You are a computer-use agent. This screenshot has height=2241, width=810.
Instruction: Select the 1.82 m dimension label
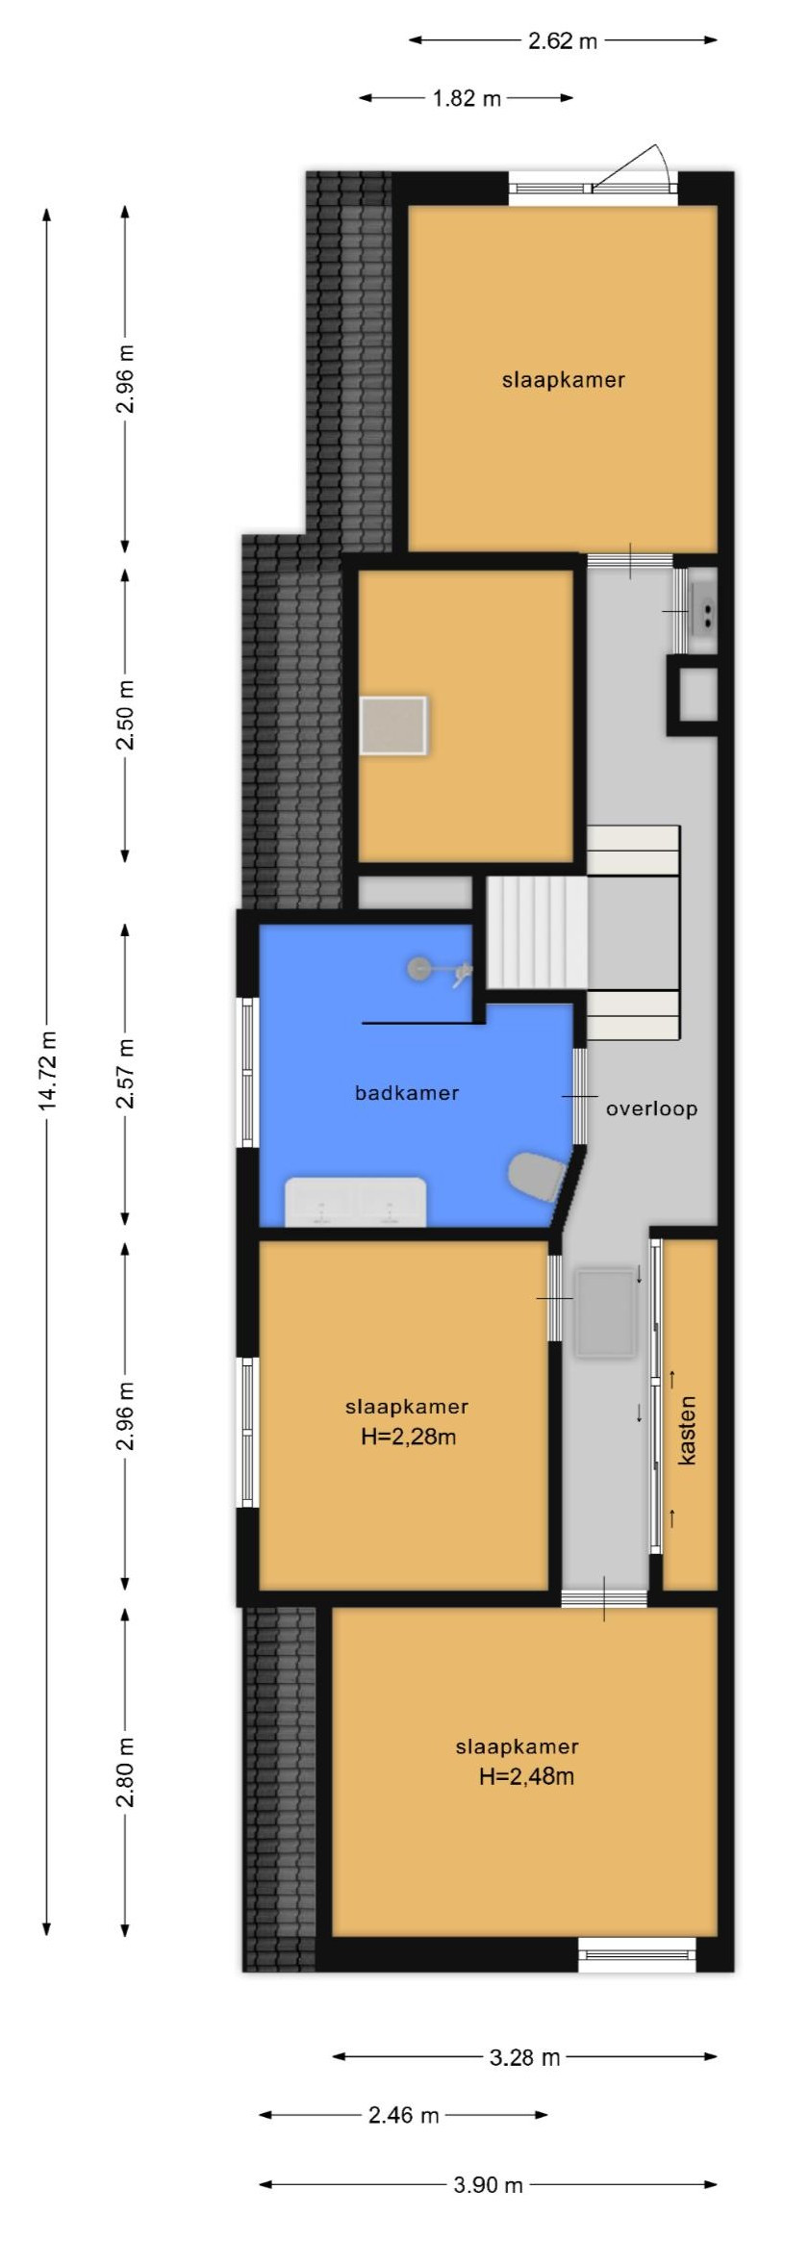[467, 98]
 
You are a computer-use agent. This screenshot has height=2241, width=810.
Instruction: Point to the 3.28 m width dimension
[524, 2057]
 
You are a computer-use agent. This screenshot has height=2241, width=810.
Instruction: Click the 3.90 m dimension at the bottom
[488, 2184]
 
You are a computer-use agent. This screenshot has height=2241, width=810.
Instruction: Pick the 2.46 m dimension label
[403, 2115]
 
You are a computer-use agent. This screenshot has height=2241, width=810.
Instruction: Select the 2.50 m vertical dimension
[126, 714]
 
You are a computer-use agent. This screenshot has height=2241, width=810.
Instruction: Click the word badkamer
[406, 1093]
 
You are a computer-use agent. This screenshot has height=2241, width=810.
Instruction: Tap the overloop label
[651, 1108]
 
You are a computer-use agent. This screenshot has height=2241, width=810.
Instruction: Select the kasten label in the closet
[687, 1431]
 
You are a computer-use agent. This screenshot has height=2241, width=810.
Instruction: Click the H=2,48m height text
[526, 1777]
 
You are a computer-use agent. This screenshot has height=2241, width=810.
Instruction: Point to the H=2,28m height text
[408, 1438]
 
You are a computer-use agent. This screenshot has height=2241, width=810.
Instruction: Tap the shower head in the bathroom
[420, 968]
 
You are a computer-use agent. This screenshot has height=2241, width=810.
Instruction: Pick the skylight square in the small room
[393, 726]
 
